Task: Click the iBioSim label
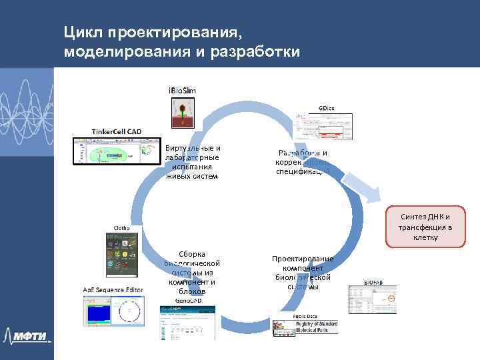(182, 90)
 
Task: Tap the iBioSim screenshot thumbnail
(182, 112)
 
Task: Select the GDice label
(327, 107)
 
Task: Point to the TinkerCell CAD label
(116, 131)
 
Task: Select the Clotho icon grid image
(123, 255)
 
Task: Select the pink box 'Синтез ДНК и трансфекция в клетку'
(425, 227)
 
